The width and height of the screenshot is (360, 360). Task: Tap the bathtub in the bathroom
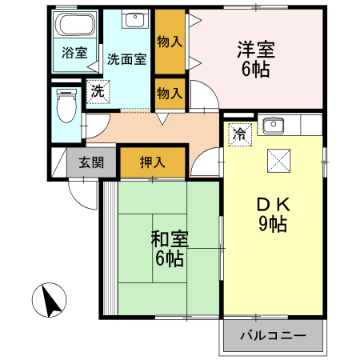point(76,27)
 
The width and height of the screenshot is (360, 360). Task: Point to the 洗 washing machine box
point(97,91)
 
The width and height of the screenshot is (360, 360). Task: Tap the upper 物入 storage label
point(170,39)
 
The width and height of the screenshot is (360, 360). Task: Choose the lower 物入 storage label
point(170,92)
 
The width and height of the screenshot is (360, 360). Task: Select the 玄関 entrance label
point(90,162)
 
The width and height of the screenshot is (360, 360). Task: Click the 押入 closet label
point(152,162)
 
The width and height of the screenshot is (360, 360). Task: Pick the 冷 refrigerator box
point(239,134)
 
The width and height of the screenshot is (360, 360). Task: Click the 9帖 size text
point(272,225)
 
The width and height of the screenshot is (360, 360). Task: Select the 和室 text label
point(170,238)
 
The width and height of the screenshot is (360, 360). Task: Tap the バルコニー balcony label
point(272,335)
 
